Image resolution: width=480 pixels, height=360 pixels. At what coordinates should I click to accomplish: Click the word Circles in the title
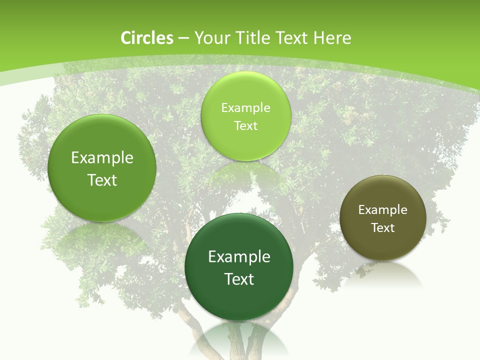point(147,38)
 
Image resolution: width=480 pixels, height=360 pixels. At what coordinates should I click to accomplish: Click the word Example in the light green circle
point(245,107)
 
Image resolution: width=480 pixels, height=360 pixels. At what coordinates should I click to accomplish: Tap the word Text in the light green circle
point(245,125)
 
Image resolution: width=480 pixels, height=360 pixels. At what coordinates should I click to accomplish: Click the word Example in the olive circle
point(383,209)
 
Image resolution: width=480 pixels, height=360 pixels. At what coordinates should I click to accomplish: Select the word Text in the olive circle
point(383,227)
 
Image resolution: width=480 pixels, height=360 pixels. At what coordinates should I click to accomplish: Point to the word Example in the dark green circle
point(239,256)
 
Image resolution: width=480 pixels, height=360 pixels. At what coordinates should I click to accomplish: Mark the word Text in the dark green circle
point(239,278)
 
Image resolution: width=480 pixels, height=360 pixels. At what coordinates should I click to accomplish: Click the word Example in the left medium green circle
point(102,157)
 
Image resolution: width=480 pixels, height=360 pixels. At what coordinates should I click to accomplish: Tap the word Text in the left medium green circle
point(102,180)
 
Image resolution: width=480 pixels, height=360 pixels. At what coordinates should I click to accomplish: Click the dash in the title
point(182,38)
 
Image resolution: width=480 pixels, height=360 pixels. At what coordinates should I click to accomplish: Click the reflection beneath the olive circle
point(383,275)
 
